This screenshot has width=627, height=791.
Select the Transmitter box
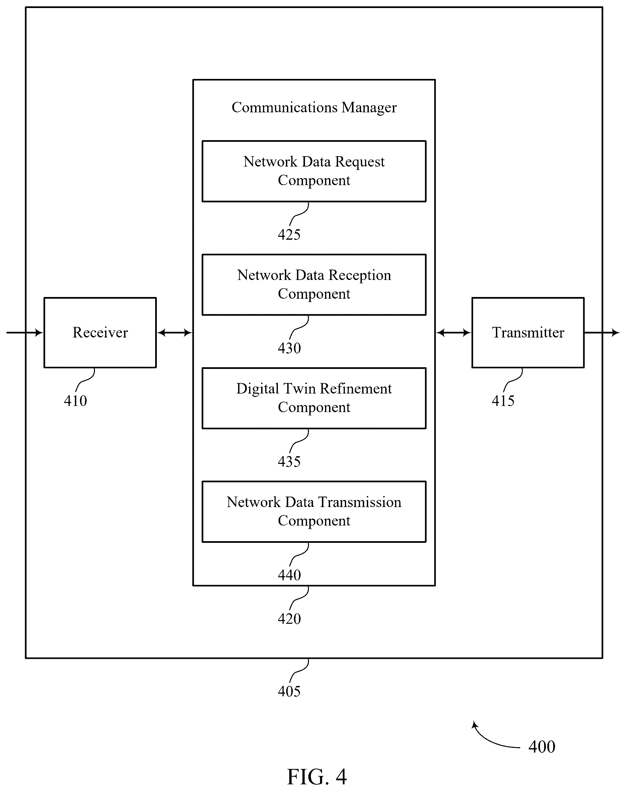point(528,332)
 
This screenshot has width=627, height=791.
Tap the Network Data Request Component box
point(314,171)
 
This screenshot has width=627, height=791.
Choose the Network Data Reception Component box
point(314,284)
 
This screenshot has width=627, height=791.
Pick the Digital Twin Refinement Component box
point(314,398)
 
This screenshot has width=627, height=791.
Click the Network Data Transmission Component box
point(314,511)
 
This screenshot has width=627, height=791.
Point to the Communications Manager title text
point(314,107)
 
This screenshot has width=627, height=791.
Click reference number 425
point(289,234)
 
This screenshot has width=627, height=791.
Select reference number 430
point(289,348)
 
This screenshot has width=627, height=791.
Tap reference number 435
point(289,461)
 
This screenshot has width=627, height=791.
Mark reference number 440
point(289,575)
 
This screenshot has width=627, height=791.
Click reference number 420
point(289,618)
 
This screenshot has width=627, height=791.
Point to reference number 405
point(289,691)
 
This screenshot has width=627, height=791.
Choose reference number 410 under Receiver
point(75,401)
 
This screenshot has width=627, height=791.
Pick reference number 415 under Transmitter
point(503,401)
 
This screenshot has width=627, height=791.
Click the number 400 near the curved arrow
point(541,747)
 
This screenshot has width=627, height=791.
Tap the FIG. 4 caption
point(317,777)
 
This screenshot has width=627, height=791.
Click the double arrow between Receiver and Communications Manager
point(175,333)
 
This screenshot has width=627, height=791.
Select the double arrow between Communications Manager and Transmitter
point(453,333)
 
